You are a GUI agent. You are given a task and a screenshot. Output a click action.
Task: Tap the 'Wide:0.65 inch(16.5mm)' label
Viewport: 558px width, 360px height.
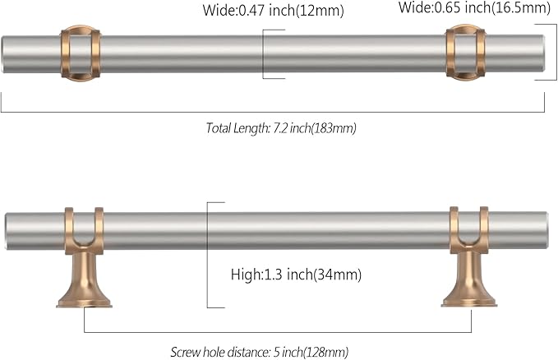point(474,8)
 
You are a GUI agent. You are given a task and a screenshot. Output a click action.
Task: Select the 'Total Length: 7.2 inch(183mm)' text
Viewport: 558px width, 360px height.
point(280,128)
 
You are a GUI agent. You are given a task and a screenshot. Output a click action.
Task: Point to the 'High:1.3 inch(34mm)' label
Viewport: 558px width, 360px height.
point(296,274)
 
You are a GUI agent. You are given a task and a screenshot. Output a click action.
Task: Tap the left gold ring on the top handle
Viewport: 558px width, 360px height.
point(80,54)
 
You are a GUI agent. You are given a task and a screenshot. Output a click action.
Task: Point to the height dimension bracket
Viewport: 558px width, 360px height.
point(210,255)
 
